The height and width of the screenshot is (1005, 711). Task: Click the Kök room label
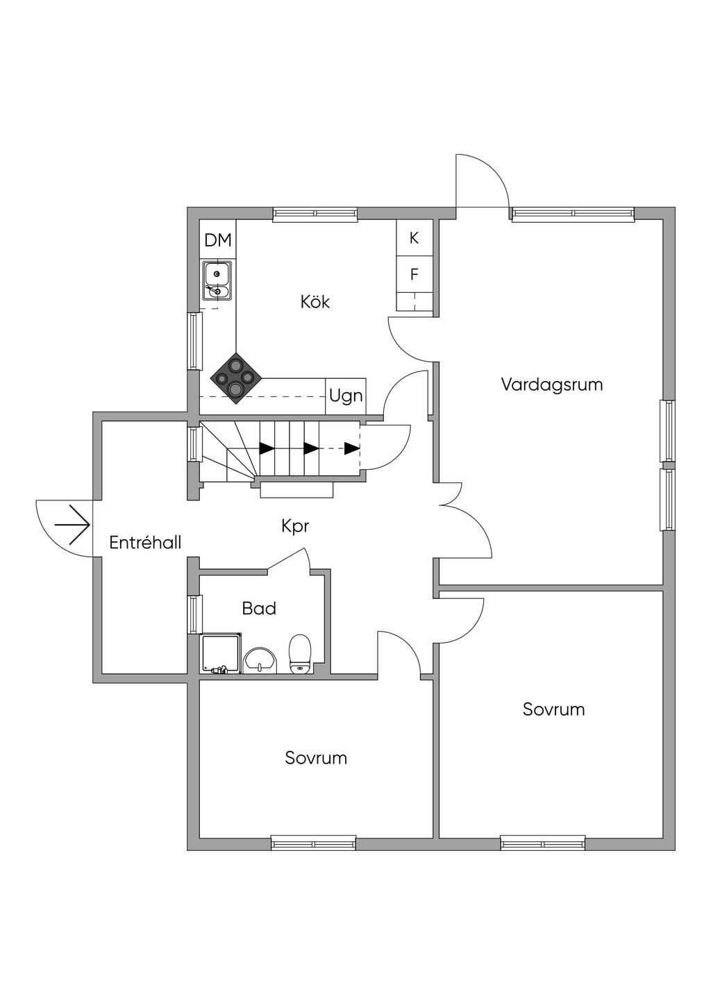(x=315, y=302)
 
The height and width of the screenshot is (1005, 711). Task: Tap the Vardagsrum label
(x=551, y=385)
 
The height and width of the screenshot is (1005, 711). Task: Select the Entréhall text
(x=145, y=542)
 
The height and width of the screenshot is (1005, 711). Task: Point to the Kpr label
(x=295, y=526)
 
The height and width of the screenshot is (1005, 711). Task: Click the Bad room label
(x=259, y=609)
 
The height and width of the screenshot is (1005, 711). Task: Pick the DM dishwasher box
(x=217, y=240)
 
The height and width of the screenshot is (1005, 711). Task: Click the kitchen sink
(x=217, y=280)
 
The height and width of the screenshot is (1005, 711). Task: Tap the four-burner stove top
(x=236, y=378)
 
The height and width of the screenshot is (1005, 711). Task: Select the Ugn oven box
(x=346, y=396)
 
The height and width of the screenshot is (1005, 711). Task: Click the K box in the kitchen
(x=415, y=238)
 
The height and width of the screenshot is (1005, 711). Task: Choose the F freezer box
(x=415, y=275)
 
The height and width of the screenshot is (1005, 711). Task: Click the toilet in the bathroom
(x=300, y=654)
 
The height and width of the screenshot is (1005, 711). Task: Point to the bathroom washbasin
(x=260, y=660)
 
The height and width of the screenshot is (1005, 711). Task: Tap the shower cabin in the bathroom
(x=221, y=654)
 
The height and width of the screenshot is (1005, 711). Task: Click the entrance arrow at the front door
(x=73, y=524)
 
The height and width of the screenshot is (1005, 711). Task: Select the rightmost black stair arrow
(x=352, y=448)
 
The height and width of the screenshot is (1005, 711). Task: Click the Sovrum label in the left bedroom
(x=316, y=758)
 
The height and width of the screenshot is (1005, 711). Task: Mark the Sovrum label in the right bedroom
(x=553, y=709)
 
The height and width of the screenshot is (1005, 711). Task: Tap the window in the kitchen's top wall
(x=315, y=214)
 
